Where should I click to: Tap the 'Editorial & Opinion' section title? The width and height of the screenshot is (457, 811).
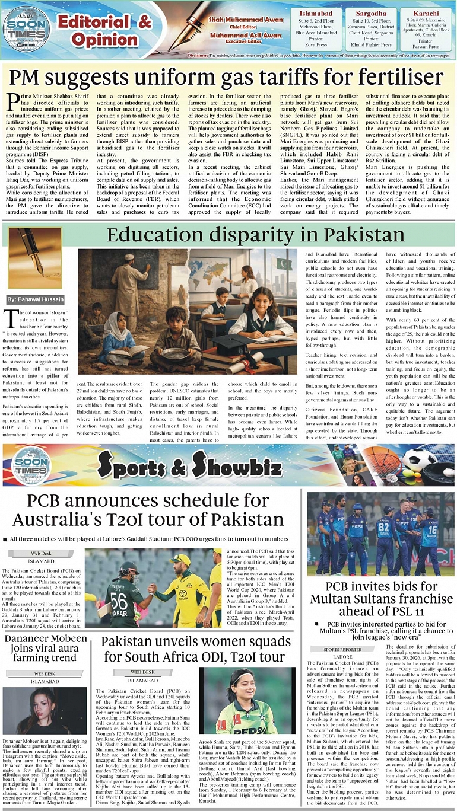click(104, 30)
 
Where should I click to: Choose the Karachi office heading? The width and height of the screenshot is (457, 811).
click(426, 13)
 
